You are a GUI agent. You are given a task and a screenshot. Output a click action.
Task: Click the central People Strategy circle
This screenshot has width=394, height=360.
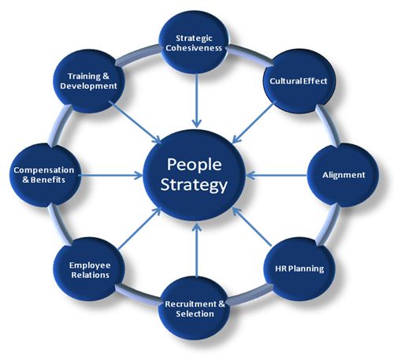pos(195,175)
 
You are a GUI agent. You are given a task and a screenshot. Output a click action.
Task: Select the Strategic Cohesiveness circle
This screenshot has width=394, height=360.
pos(194,43)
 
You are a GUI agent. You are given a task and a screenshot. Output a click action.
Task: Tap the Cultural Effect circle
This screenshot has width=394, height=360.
pos(299,81)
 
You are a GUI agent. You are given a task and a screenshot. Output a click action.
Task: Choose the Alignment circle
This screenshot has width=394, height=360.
pos(344,175)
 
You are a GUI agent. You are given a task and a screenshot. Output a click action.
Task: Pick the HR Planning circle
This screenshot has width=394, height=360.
pos(299,269)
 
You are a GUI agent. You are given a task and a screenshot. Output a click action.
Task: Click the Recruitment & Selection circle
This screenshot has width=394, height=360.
pos(195,309)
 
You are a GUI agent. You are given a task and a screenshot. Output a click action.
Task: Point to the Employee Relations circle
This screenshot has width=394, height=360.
pos(89,269)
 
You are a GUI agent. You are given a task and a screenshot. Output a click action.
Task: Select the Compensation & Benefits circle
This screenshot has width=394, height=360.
pos(44,175)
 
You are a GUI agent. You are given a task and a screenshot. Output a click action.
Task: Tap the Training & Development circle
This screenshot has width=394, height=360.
pos(89,81)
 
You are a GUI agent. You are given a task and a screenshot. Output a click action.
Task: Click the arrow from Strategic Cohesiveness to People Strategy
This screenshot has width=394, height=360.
pos(196,101)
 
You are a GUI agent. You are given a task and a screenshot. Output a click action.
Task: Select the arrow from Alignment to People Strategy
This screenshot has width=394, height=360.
pos(277,175)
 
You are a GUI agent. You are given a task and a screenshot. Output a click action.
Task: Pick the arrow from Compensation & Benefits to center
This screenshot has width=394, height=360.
pos(110,175)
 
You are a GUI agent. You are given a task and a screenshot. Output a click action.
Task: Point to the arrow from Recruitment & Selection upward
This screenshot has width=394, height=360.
pos(196,250)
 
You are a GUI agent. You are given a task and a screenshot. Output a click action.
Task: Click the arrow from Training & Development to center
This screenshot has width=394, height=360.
pos(135,122)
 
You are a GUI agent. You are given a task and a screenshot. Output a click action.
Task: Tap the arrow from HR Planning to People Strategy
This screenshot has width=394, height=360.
pos(252,227)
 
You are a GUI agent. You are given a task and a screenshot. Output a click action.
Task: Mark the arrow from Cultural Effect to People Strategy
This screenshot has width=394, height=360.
pos(254,123)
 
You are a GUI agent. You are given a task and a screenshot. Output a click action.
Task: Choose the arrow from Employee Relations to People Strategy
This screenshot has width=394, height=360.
pos(139,228)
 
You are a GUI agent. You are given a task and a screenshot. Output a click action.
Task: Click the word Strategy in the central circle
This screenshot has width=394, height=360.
pos(194,186)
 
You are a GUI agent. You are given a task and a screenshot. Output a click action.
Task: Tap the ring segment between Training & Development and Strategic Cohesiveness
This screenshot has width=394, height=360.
pos(137,55)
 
